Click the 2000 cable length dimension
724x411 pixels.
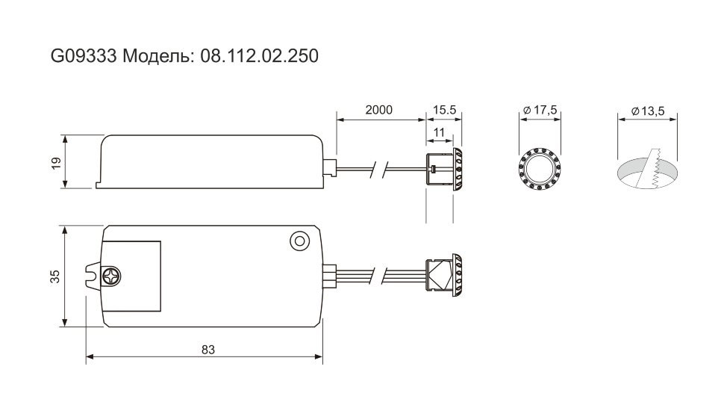[378, 110]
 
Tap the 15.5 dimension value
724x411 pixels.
[444, 110]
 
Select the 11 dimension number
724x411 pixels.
[439, 133]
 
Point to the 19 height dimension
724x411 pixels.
[56, 163]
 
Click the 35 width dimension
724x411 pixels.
[55, 276]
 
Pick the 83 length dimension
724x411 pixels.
[208, 350]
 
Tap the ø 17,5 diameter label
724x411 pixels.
[540, 110]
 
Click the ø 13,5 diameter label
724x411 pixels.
[647, 111]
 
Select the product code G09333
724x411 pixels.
[83, 56]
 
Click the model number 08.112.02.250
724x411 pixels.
[260, 56]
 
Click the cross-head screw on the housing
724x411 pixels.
[111, 276]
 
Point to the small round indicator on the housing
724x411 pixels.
[299, 241]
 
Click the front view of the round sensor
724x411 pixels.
[540, 169]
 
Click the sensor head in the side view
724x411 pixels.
[443, 169]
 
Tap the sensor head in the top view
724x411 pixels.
[443, 274]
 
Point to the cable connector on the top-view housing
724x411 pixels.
[328, 276]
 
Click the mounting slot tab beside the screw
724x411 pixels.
[94, 276]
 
